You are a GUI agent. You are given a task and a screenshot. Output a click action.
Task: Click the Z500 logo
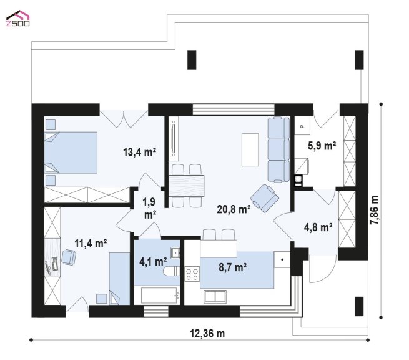pos(17,18)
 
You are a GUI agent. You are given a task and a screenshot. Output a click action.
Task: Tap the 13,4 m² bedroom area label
pos(139,152)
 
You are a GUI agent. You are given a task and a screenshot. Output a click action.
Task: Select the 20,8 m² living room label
pos(234,209)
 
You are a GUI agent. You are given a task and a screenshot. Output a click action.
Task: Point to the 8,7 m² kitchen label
pos(232,267)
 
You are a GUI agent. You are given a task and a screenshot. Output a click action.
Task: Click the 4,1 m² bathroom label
pos(153,261)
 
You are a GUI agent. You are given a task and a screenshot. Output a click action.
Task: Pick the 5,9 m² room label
pos(322,146)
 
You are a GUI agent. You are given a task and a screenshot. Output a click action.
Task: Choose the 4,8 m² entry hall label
pos(318,227)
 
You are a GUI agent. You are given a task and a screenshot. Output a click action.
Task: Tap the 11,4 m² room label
pos(91,243)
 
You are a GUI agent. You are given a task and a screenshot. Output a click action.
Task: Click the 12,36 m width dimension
pos(207,333)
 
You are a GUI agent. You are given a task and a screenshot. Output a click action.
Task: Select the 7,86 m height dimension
pos(374,210)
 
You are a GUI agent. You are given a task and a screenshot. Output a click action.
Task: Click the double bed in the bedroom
pos(71,152)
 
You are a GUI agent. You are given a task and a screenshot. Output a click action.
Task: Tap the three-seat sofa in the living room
pos(278,149)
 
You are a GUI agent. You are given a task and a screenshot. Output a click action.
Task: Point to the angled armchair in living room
pos(265,198)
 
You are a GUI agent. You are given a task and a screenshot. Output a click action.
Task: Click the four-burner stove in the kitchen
pos(192,274)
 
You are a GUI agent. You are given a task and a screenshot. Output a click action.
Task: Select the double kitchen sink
pos(215,297)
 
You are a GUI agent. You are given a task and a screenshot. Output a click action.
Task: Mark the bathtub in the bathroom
pos(160,296)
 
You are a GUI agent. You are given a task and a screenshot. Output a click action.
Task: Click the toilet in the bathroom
pos(172,271)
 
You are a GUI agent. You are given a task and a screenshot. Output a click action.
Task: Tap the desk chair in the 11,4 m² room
pos(69,257)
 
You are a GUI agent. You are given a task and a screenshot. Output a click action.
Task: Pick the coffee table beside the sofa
pos(250,149)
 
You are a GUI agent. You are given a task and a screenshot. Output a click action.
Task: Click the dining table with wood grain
pos(187,186)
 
